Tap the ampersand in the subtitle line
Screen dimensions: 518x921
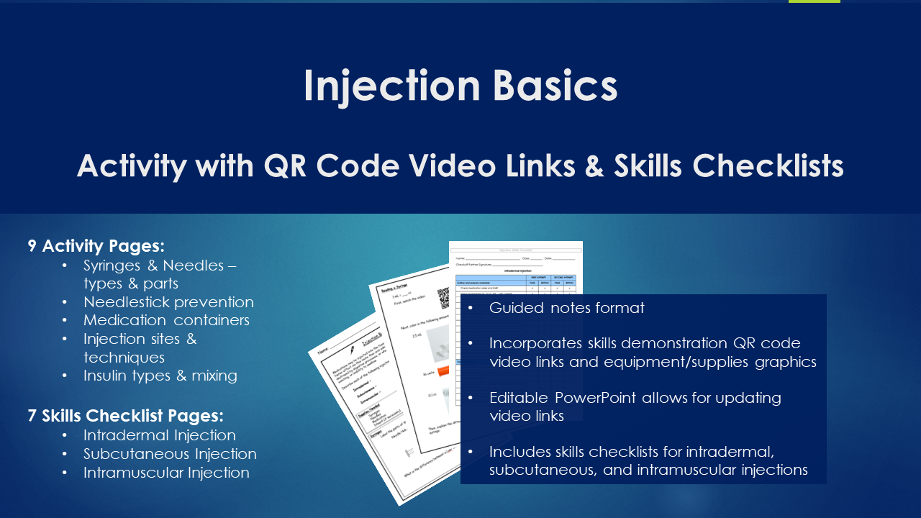[x=594, y=166]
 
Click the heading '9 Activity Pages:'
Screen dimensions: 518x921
[x=96, y=246]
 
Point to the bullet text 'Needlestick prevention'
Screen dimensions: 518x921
[x=168, y=302]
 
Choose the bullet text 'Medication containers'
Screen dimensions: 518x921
[x=166, y=320]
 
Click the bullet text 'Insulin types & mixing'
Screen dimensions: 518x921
[x=160, y=376]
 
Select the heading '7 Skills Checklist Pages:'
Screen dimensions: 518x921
[x=126, y=416]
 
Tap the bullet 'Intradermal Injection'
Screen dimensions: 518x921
[x=159, y=435]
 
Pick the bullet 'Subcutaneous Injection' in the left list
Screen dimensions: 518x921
[x=170, y=454]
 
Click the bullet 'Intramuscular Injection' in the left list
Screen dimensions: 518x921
[x=166, y=473]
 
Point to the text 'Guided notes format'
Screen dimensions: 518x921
[x=566, y=308]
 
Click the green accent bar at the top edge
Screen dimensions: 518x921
[x=814, y=1]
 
